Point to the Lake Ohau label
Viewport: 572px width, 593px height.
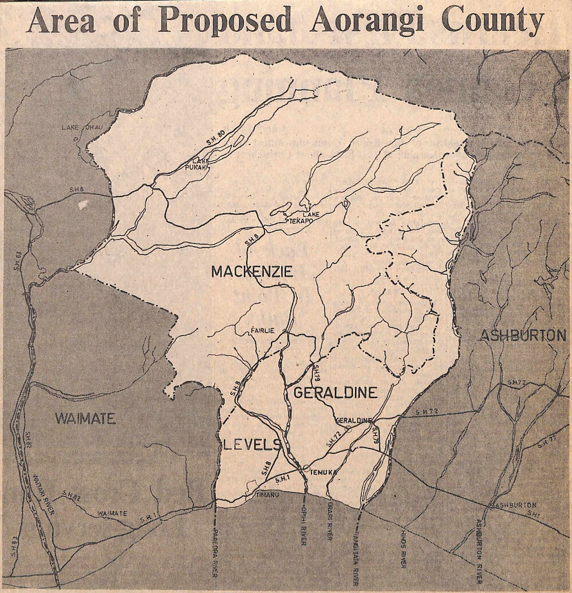pyautogui.click(x=80, y=126)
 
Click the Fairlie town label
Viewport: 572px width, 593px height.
pyautogui.click(x=263, y=330)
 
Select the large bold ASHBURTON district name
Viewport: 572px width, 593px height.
pyautogui.click(x=522, y=335)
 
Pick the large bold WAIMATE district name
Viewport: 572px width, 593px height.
pyautogui.click(x=85, y=418)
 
